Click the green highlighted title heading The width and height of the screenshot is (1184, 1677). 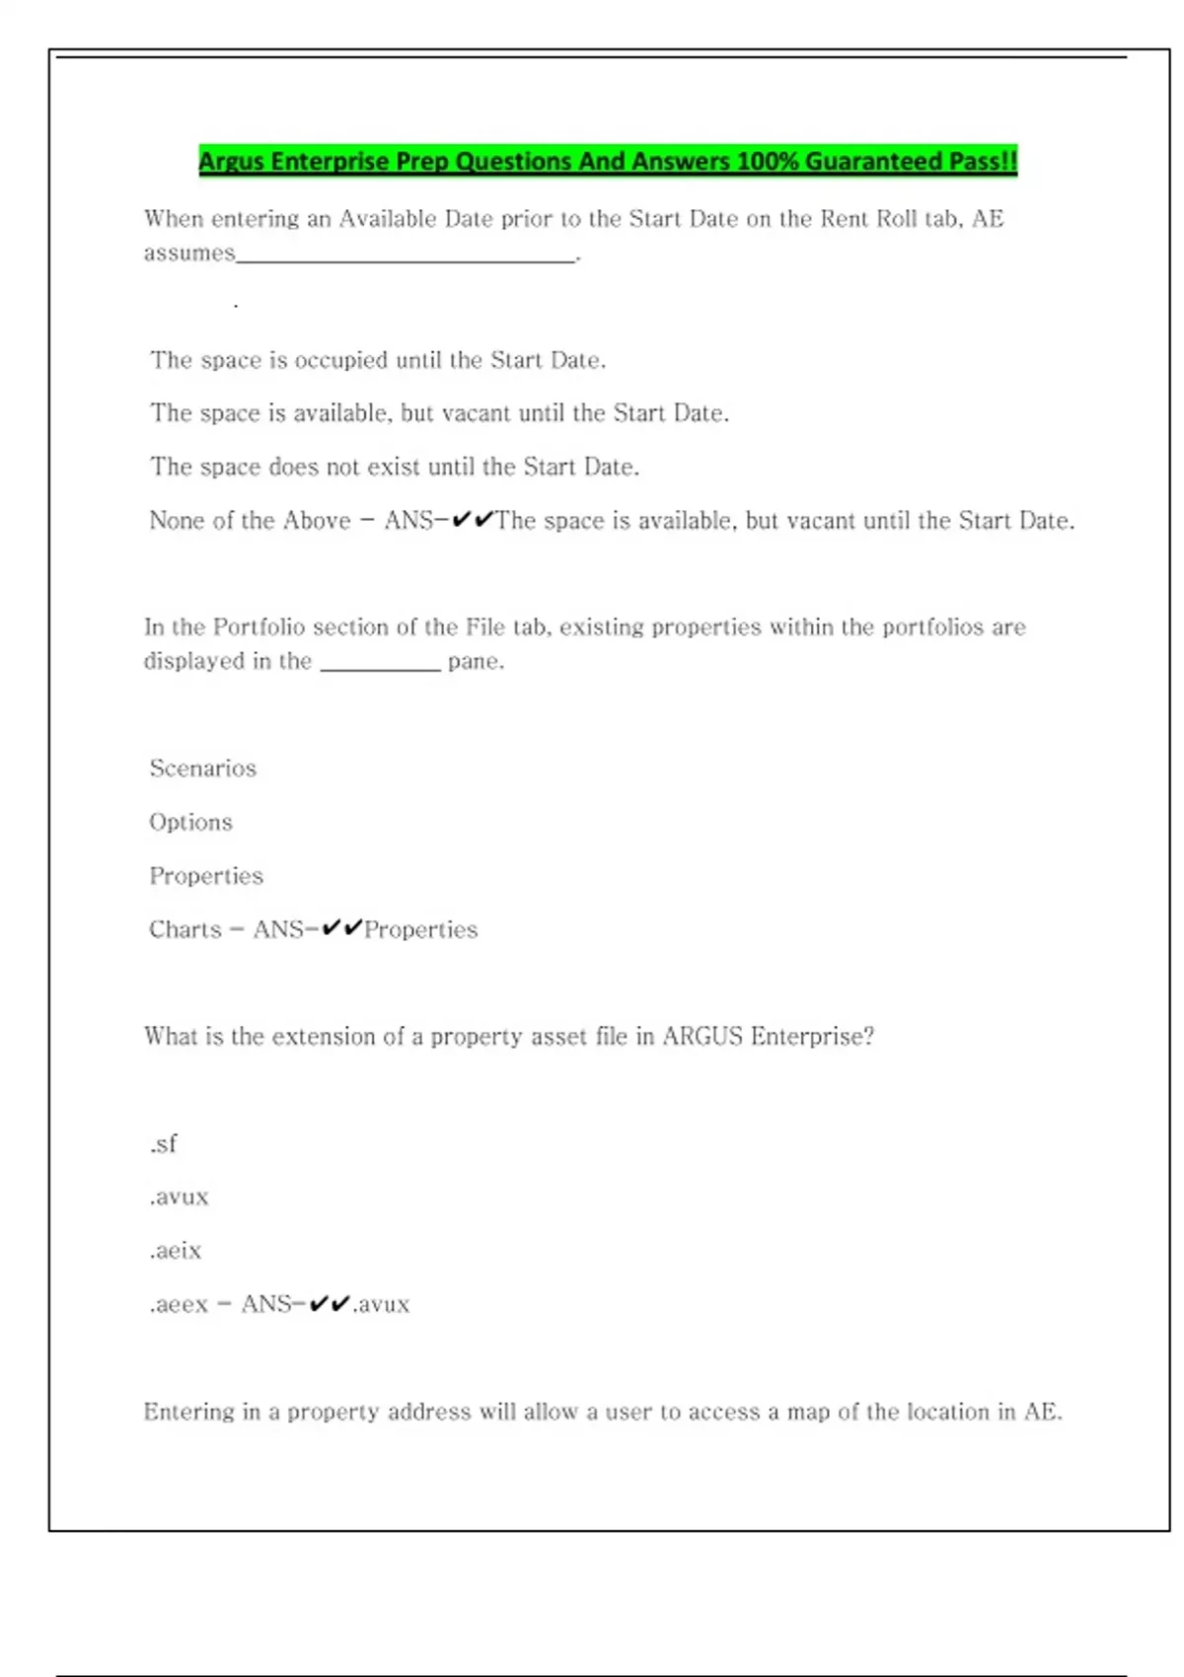pyautogui.click(x=608, y=161)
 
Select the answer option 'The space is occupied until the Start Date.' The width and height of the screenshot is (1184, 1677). pyautogui.click(x=378, y=360)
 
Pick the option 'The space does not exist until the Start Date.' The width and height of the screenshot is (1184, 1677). pyautogui.click(x=395, y=467)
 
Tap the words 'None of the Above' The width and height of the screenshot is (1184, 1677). pyautogui.click(x=250, y=521)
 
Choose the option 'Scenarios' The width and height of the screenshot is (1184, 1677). pyautogui.click(x=202, y=768)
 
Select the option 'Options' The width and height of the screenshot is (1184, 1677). pyautogui.click(x=190, y=822)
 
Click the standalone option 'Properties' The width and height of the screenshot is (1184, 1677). pyautogui.click(x=206, y=876)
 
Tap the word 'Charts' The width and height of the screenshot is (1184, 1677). pyautogui.click(x=185, y=929)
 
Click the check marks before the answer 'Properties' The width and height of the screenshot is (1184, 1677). pyautogui.click(x=342, y=928)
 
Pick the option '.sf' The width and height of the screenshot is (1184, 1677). pyautogui.click(x=164, y=1144)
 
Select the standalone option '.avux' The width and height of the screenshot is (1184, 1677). pyautogui.click(x=179, y=1198)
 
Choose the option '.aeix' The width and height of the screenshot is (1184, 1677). pyautogui.click(x=176, y=1251)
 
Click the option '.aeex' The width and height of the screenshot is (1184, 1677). pyautogui.click(x=179, y=1304)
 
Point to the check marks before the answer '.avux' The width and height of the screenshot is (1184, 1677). pyautogui.click(x=330, y=1304)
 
